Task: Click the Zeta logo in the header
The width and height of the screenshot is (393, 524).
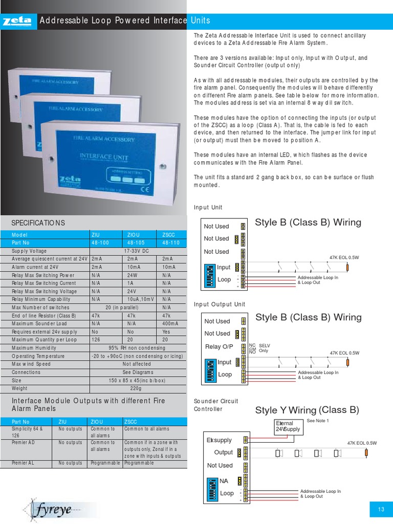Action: coord(17,21)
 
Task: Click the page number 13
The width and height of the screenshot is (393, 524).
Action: coord(380,509)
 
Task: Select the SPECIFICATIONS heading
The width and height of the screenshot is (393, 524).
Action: coord(38,223)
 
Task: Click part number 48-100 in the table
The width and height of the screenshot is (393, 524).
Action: coord(101,243)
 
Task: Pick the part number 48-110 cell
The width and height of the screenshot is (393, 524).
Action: coord(171,243)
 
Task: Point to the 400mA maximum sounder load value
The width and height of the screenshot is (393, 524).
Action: coord(171,323)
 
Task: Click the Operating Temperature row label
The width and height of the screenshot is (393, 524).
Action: coord(38,356)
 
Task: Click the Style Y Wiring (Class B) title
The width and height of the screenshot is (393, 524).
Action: coord(307,410)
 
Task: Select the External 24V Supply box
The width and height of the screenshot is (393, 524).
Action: coord(288,426)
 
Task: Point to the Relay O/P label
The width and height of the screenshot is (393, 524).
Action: coord(219,347)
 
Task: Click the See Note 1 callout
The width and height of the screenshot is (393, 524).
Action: coord(318,421)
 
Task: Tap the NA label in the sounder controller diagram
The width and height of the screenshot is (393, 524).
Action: coord(224,481)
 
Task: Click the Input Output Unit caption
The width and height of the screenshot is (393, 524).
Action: coord(220,304)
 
